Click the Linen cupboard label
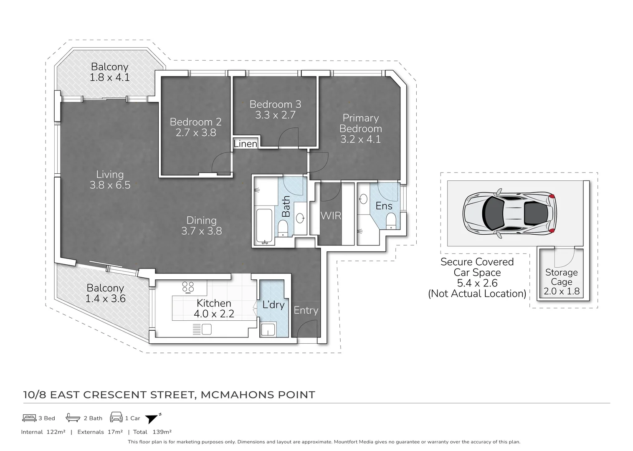pyautogui.click(x=245, y=144)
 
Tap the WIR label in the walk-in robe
pyautogui.click(x=331, y=215)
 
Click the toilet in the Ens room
pyautogui.click(x=391, y=221)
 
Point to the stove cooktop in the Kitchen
pyautogui.click(x=188, y=286)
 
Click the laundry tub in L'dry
pyautogui.click(x=268, y=329)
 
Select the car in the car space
pyautogui.click(x=509, y=213)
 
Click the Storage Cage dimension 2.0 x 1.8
pyautogui.click(x=561, y=291)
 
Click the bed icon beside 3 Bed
pyautogui.click(x=29, y=418)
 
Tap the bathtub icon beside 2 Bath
pyautogui.click(x=72, y=418)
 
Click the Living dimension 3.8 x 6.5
pyautogui.click(x=110, y=185)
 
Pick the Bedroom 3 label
pyautogui.click(x=275, y=104)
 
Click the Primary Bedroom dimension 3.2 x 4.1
pyautogui.click(x=360, y=139)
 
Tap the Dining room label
pyautogui.click(x=201, y=220)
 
